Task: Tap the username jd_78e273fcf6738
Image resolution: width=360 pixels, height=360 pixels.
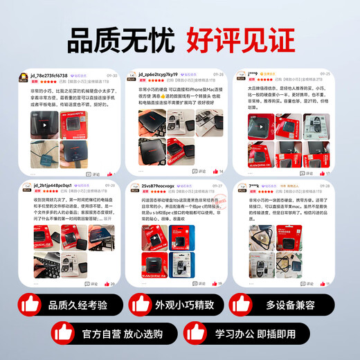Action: tap(51, 75)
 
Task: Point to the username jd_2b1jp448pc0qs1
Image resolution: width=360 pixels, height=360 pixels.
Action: tap(53, 185)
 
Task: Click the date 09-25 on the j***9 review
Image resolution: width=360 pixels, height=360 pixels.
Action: tap(325, 74)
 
